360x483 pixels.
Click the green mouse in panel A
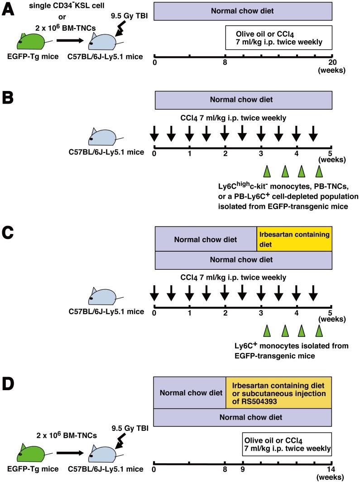[x=30, y=42]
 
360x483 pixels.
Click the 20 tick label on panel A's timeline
[x=332, y=63]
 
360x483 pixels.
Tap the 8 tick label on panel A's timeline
[x=225, y=63]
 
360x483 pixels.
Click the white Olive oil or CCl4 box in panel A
[x=279, y=38]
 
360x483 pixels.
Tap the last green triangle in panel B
[x=319, y=171]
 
